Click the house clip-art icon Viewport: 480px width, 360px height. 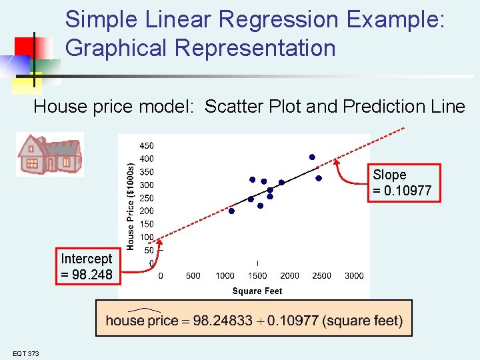[50, 154]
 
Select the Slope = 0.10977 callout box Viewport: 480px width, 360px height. [402, 183]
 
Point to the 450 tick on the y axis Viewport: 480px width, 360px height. [146, 145]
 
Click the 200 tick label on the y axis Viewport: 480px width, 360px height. [146, 211]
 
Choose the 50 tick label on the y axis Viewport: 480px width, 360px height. [149, 250]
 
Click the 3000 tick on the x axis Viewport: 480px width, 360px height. [354, 275]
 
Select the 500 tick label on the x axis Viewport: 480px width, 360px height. [193, 275]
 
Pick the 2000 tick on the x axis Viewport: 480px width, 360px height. [289, 275]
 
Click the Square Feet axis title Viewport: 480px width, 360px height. [257, 291]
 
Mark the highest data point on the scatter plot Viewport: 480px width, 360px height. [311, 157]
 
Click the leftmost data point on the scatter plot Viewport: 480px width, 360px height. [231, 211]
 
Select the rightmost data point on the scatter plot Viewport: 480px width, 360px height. [319, 178]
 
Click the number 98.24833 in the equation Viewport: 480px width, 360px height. [222, 321]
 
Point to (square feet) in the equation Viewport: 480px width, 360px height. [362, 321]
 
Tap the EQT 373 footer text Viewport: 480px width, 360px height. [25, 353]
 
